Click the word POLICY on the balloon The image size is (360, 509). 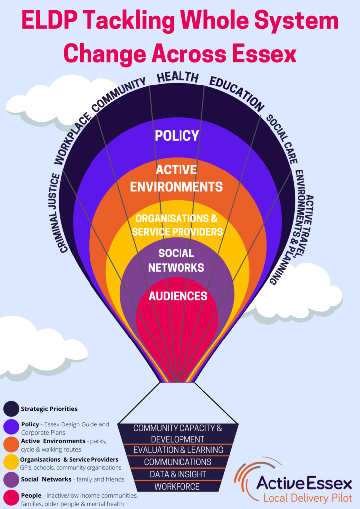(x=177, y=135)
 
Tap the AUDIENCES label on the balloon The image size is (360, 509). (x=178, y=296)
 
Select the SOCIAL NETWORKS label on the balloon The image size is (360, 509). (x=176, y=260)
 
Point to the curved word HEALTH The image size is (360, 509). (x=178, y=77)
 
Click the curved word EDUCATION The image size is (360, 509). (x=237, y=93)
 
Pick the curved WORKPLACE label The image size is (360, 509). (x=72, y=138)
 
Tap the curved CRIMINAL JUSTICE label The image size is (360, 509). (x=56, y=213)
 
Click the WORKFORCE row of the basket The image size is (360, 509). (x=177, y=486)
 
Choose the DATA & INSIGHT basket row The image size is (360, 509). (x=178, y=474)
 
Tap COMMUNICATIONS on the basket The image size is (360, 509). (x=178, y=462)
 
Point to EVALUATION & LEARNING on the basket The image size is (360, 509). (x=178, y=450)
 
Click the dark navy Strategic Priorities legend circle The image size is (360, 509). (x=11, y=409)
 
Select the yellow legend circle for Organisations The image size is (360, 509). (x=11, y=462)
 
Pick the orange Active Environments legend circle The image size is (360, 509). (x=11, y=444)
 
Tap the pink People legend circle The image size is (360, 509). (x=11, y=498)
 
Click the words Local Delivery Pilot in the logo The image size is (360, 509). (x=307, y=498)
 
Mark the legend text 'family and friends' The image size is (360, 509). (x=100, y=479)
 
